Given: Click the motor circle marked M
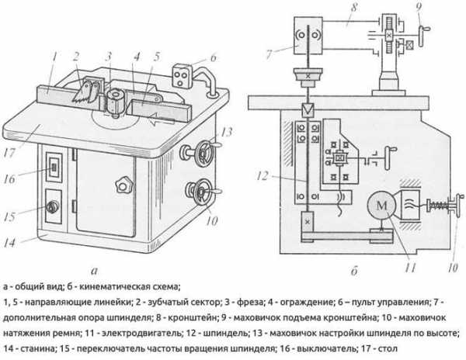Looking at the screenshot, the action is tap(382, 206).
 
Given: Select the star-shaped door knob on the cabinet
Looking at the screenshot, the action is tap(123, 185).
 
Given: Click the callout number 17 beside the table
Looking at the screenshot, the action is tap(9, 153).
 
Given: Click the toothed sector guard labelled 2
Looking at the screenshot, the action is tap(86, 92).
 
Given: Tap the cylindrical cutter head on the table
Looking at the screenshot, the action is tap(115, 102).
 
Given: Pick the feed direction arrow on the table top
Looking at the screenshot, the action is tap(162, 119).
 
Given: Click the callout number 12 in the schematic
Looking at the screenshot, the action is tap(263, 176).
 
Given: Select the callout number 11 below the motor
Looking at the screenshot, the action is tap(409, 268).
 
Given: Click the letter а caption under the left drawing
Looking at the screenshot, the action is tap(95, 271).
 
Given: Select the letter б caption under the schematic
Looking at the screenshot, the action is tap(354, 271).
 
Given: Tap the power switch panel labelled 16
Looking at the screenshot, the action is tap(54, 167).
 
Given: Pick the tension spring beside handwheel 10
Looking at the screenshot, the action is tap(436, 206).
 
